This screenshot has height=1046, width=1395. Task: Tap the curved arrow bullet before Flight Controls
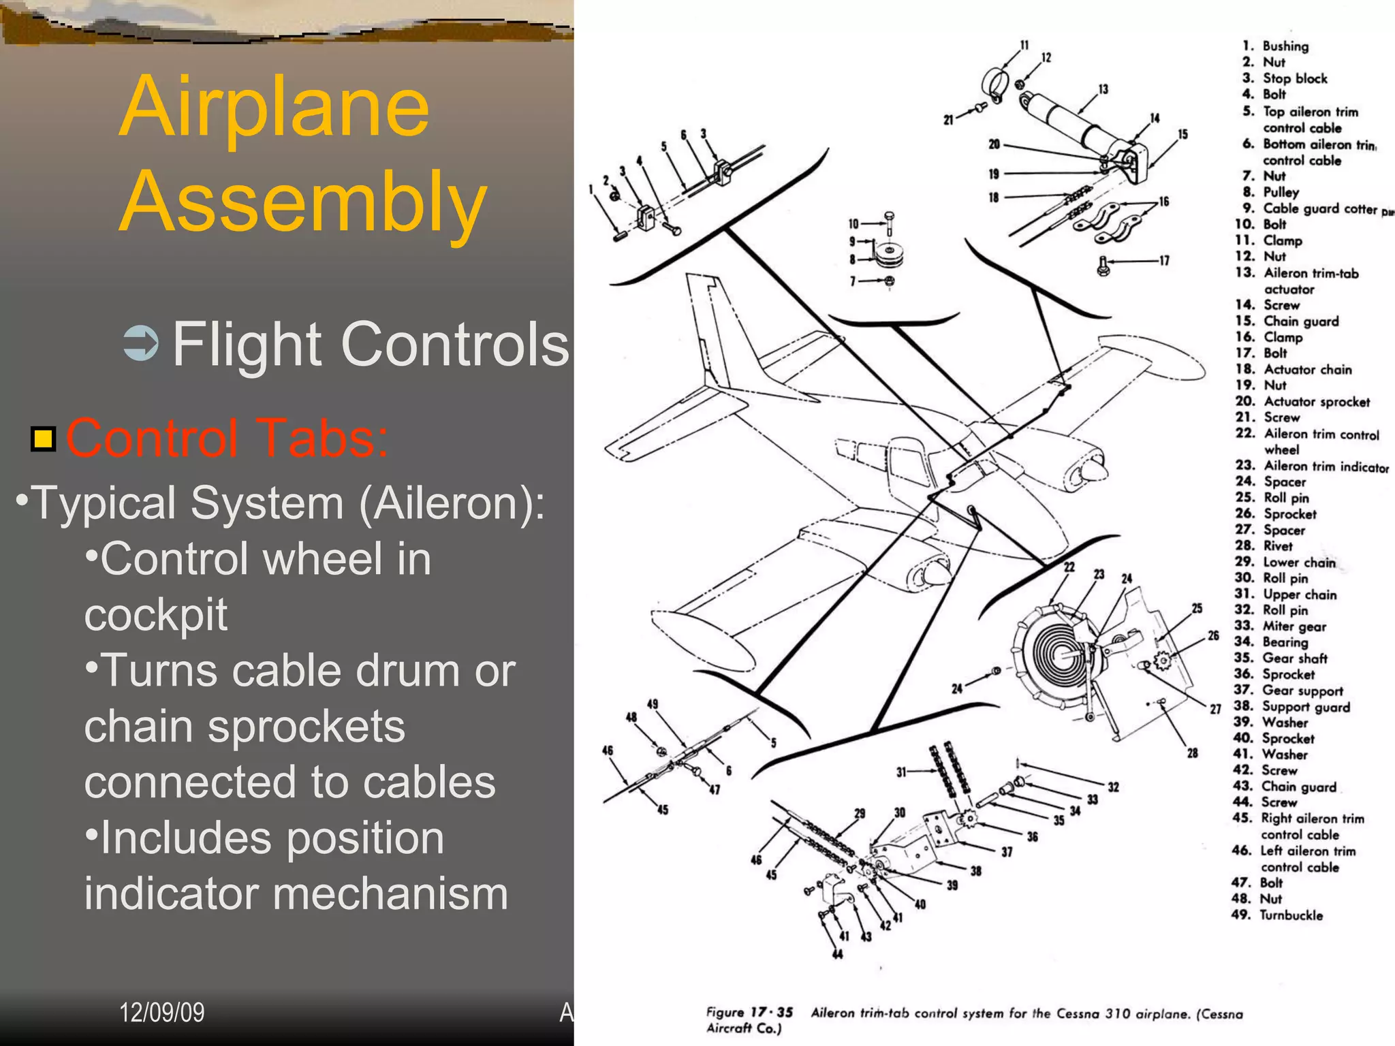click(141, 343)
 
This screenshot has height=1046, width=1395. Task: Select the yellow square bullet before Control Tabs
click(43, 439)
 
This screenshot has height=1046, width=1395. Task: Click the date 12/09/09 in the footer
click(161, 1013)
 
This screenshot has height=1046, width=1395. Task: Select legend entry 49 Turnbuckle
click(1277, 915)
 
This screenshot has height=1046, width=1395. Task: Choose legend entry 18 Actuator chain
click(1294, 369)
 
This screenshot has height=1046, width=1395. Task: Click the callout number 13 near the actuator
click(1103, 89)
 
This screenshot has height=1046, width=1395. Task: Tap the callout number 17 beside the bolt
click(1164, 260)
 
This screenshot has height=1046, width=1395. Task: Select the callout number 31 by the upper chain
click(901, 772)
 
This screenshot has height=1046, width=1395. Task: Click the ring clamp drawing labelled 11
click(994, 84)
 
